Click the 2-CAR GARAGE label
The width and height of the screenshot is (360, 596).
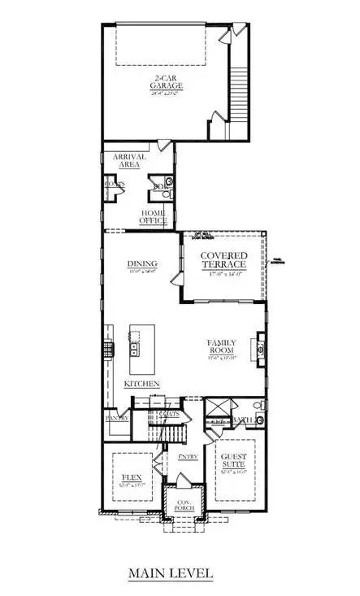pos(167,81)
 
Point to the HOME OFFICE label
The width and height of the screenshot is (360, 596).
pos(152,216)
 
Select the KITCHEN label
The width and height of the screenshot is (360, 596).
pos(141,383)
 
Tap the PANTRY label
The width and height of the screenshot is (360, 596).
pos(116,418)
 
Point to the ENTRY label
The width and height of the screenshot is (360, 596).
pos(188,457)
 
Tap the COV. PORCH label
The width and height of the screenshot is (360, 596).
pos(183,507)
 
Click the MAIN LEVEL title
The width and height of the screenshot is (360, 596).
pos(171,574)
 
